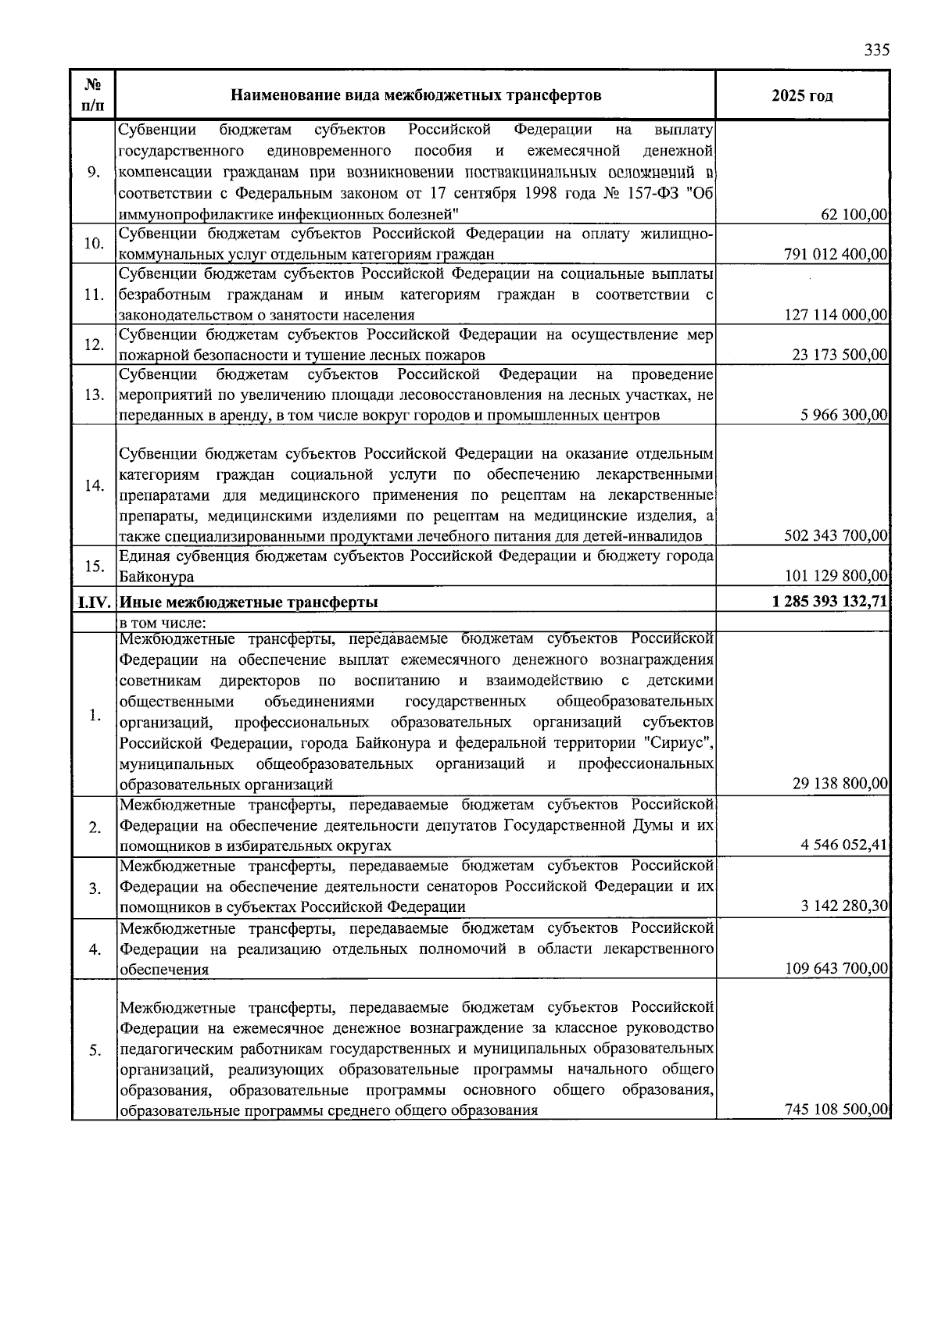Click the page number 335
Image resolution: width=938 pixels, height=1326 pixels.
tap(876, 50)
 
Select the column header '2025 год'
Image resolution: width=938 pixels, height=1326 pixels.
tap(802, 96)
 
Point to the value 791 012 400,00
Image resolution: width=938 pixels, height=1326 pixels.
tap(836, 254)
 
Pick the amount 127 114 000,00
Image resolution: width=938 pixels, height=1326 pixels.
tap(836, 315)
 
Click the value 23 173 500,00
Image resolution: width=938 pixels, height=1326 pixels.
tap(840, 355)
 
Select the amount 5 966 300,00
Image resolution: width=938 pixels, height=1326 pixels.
tap(844, 415)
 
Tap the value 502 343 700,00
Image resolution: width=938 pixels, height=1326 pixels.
tap(836, 535)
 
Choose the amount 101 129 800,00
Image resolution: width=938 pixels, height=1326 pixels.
tap(836, 576)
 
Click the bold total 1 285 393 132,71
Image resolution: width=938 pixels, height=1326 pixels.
tap(829, 602)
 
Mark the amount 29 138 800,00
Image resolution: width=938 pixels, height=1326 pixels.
tap(840, 784)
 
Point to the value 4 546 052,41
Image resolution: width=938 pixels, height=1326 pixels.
tap(844, 845)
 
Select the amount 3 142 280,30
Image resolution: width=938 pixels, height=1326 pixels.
tap(844, 906)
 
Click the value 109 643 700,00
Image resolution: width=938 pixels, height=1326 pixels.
tap(836, 968)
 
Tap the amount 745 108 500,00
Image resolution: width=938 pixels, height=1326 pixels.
tap(836, 1110)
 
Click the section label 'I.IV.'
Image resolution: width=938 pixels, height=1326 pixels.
tap(94, 602)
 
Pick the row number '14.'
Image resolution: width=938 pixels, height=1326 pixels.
tap(94, 486)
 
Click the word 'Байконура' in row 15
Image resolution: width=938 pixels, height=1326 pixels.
tap(156, 577)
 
